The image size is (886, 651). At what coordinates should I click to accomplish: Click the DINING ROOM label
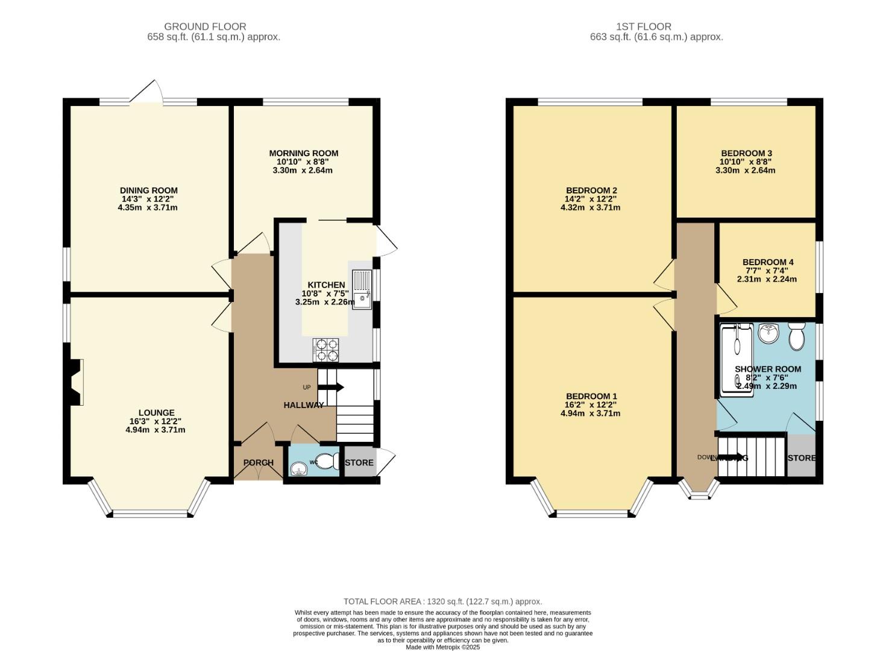(148, 190)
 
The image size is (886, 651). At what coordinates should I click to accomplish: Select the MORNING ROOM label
(303, 153)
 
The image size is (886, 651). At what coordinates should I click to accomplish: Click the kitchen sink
(362, 289)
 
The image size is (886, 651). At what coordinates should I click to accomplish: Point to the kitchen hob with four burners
(325, 350)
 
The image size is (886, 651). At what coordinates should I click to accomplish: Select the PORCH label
(258, 463)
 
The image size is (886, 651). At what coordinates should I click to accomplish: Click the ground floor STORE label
(359, 463)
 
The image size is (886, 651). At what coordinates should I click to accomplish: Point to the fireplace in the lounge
(76, 383)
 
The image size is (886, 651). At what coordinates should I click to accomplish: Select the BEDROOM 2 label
(590, 190)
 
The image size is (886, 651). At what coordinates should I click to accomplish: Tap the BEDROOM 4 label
(767, 262)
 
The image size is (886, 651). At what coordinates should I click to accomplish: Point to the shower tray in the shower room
(736, 359)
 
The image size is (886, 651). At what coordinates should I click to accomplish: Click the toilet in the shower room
(796, 336)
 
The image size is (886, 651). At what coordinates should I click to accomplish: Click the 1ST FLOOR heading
(643, 27)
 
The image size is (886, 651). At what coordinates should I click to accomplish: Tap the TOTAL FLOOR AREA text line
(442, 602)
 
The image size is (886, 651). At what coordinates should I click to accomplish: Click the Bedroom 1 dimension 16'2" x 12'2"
(590, 405)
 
